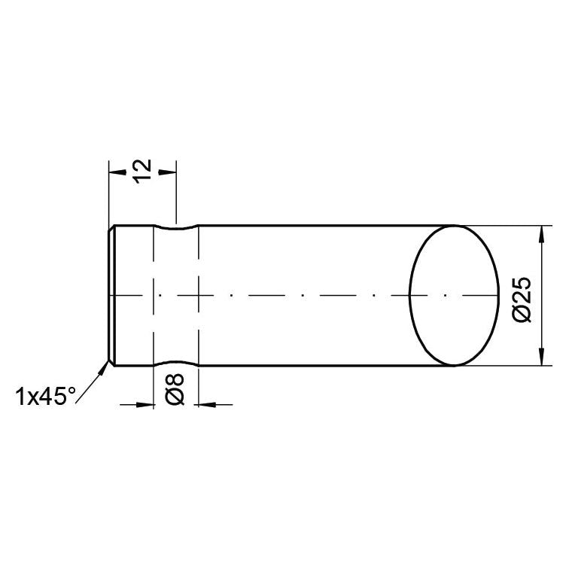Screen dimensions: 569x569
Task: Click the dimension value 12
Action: pyautogui.click(x=142, y=171)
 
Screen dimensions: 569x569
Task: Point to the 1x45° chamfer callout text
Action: pyautogui.click(x=45, y=397)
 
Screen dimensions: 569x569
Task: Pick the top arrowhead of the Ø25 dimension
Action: pyautogui.click(x=541, y=233)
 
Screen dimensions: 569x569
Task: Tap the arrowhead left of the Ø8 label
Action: pyautogui.click(x=146, y=404)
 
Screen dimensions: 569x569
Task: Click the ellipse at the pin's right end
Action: pyautogui.click(x=454, y=295)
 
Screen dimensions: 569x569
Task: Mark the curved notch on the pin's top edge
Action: pyautogui.click(x=175, y=227)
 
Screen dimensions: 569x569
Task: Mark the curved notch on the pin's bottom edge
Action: pyautogui.click(x=175, y=364)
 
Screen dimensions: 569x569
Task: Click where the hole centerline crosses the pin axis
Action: pyautogui.click(x=175, y=296)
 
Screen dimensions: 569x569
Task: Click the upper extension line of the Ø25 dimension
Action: pyautogui.click(x=504, y=225)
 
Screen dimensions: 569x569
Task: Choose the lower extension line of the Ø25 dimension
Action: pyautogui.click(x=504, y=366)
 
